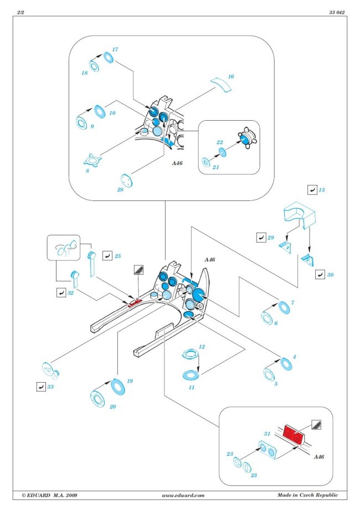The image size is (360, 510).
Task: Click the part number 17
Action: pos(115,49)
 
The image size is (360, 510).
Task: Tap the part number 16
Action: pos(231,76)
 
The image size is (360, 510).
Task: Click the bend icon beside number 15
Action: pos(312,190)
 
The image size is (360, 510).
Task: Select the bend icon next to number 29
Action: pos(260,238)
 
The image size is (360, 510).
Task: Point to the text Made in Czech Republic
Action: pos(307,494)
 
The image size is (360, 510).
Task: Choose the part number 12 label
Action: pos(202,347)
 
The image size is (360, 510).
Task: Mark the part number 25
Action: pos(117,256)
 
